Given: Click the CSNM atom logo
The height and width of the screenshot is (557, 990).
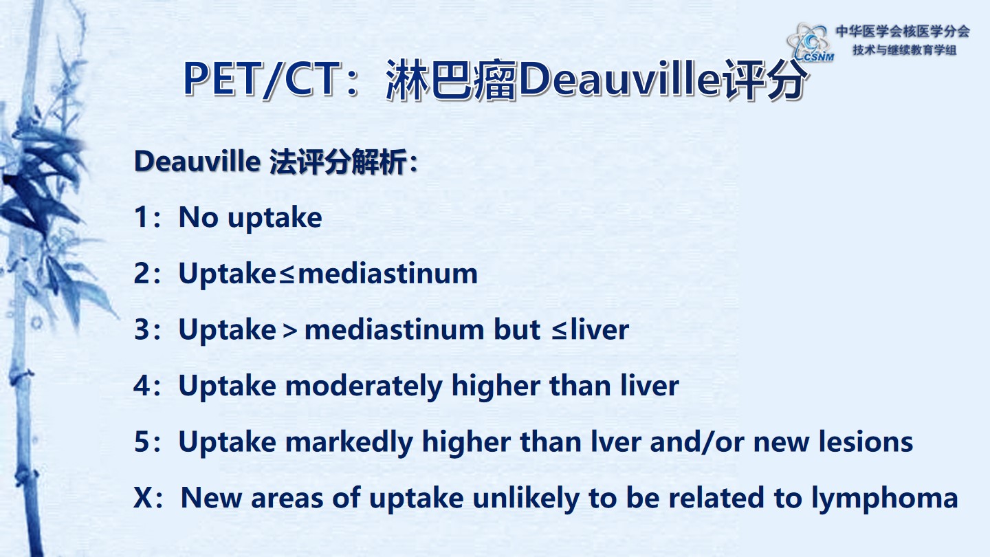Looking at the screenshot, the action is tap(810, 43).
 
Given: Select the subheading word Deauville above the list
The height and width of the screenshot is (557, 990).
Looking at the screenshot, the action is tap(197, 161).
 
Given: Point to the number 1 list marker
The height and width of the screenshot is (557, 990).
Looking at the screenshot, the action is tap(142, 217).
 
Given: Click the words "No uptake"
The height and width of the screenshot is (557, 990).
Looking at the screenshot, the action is tap(250, 217).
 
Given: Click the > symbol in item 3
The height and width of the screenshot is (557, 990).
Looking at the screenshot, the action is tap(290, 331).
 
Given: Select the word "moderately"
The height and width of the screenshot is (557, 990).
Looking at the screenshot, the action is tap(364, 386).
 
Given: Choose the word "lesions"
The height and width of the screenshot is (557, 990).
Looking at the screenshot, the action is tap(866, 441).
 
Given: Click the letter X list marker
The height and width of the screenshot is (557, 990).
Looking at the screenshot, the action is tap(143, 498).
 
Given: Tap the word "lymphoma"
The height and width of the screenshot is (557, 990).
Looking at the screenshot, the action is tap(885, 499).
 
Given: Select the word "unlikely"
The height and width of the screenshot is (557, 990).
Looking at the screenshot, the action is tap(526, 499).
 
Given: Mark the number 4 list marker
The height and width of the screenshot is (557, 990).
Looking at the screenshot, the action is tap(142, 386).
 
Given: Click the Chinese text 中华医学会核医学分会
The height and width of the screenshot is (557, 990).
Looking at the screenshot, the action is tap(903, 32).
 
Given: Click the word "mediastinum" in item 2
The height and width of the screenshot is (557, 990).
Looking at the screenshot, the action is tap(388, 274).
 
